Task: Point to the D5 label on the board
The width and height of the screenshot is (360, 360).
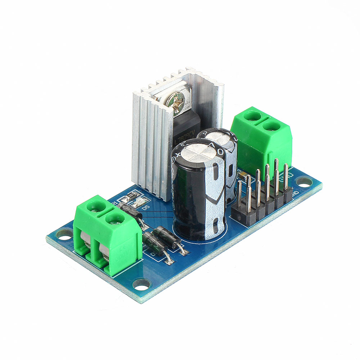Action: (x=145, y=208)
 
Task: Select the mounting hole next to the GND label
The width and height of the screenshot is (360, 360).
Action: (x=304, y=182)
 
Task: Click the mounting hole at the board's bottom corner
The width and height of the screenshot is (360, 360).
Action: (x=141, y=284)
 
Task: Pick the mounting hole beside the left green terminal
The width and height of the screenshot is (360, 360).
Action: (x=64, y=235)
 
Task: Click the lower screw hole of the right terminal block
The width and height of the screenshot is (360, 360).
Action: (x=273, y=126)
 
